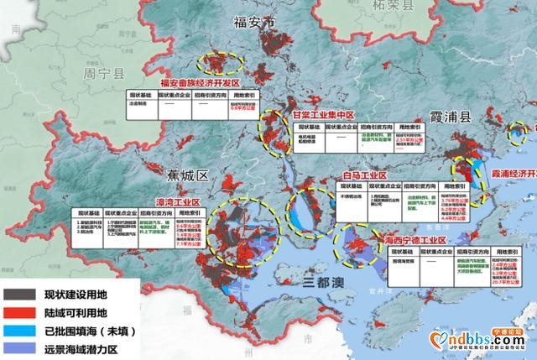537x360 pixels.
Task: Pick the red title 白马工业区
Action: (366, 175)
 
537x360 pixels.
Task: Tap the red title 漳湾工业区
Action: (179, 202)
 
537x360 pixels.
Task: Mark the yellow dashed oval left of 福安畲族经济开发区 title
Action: (220, 61)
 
